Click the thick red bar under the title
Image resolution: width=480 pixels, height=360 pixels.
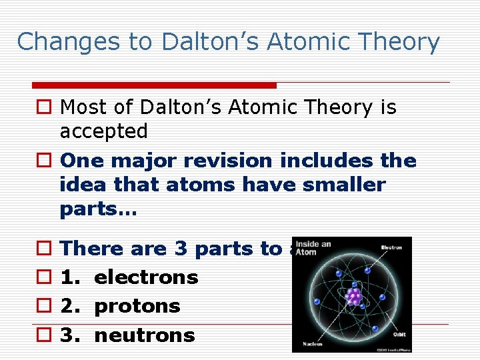pos(154,85)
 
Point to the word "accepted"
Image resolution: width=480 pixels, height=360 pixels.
pos(103,131)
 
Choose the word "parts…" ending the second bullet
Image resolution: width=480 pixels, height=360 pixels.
pos(98,209)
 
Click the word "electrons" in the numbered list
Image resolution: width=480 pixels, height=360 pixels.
pos(146,277)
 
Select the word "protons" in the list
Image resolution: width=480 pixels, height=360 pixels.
pos(137,306)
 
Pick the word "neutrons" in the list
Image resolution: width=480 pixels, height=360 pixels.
pos(145,335)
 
